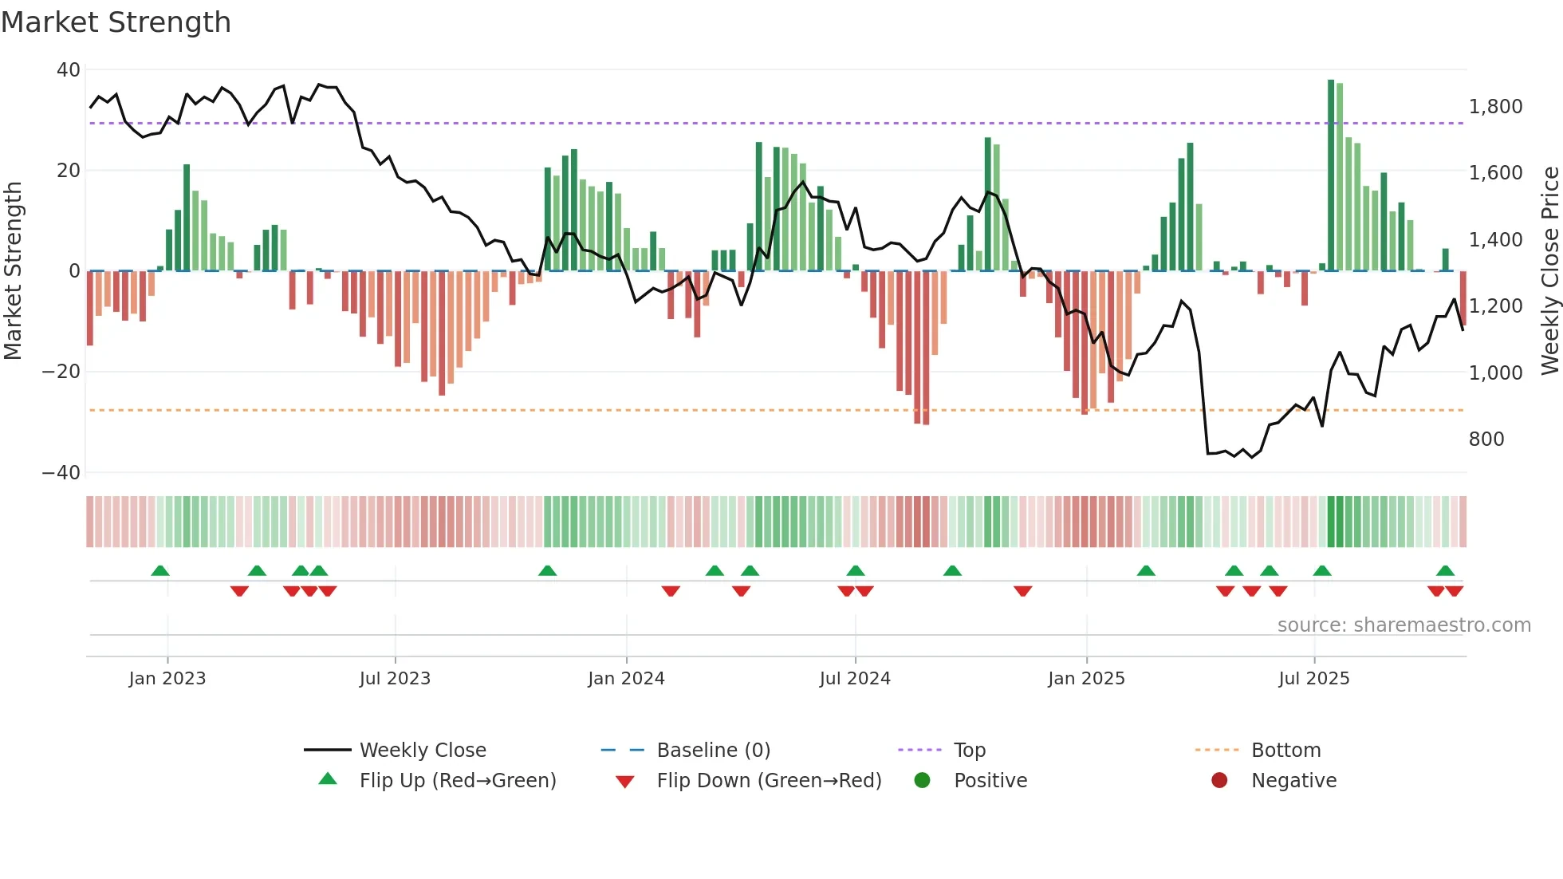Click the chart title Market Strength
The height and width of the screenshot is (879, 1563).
116,22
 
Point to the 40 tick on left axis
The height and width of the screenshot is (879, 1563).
69,70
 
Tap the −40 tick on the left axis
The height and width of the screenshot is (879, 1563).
61,473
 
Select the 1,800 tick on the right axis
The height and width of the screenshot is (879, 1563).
1495,107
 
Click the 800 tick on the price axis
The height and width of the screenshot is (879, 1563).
1486,439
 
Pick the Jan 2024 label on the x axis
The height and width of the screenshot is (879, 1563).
626,679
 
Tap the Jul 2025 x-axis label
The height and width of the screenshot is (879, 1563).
1313,679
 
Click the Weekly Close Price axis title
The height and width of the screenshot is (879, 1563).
1549,271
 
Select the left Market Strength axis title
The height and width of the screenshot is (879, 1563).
14,271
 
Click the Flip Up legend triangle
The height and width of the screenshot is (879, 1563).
328,779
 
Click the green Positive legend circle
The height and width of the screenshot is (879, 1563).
923,781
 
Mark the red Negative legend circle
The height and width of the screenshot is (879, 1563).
1219,781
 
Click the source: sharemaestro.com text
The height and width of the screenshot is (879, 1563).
1404,625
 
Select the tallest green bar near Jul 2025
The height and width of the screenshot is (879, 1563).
1331,175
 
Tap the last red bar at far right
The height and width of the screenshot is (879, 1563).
1463,298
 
